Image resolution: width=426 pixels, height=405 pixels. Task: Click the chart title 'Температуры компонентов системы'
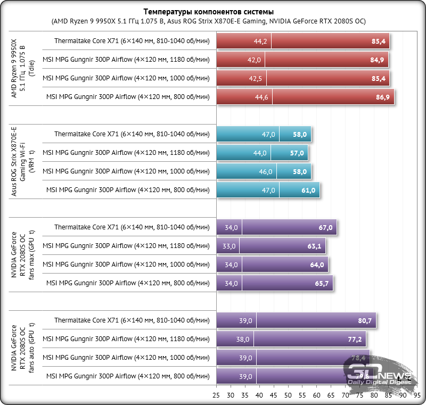pyautogui.click(x=212, y=12)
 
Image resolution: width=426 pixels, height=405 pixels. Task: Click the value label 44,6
pyautogui.click(x=261, y=97)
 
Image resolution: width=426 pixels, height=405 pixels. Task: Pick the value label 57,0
pyautogui.click(x=297, y=153)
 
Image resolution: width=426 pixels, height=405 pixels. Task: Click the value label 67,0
pyautogui.click(x=325, y=228)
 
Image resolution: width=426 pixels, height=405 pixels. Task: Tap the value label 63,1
pyautogui.click(x=315, y=246)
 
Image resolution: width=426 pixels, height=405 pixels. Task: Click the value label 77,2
pyautogui.click(x=355, y=340)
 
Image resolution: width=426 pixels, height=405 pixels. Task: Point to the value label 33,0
pyautogui.click(x=229, y=246)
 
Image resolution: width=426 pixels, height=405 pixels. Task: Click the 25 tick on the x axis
pyautogui.click(x=216, y=396)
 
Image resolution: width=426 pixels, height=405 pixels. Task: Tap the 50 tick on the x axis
pyautogui.click(x=288, y=396)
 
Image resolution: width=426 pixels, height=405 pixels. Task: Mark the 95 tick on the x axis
pyautogui.click(x=417, y=396)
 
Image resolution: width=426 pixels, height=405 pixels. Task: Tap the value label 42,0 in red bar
pyautogui.click(x=254, y=60)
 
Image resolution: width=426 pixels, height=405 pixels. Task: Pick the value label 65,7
pyautogui.click(x=322, y=284)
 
